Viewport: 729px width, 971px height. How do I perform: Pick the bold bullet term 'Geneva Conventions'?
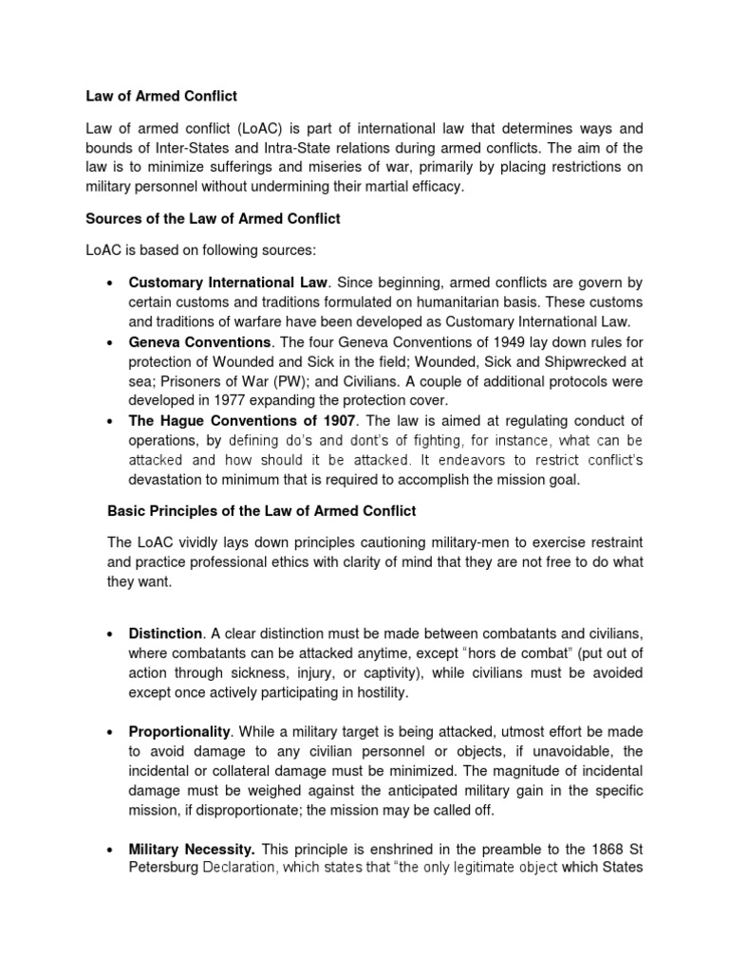click(200, 342)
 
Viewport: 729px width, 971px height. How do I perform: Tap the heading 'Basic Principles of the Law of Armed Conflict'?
click(261, 511)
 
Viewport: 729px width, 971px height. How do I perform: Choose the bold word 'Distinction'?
click(166, 632)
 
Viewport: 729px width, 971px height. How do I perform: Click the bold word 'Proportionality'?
click(180, 732)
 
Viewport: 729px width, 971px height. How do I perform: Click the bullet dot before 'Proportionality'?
click(111, 733)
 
